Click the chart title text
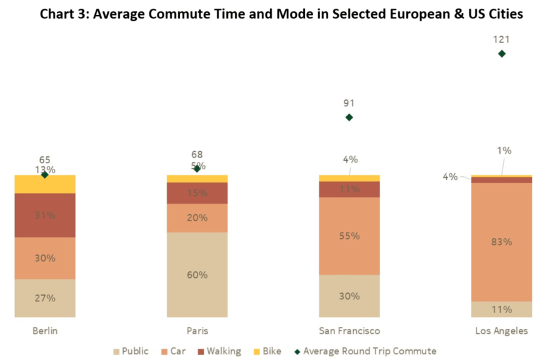click(281, 14)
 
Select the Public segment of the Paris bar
click(197, 275)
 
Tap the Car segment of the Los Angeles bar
click(501, 242)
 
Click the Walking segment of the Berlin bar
click(45, 215)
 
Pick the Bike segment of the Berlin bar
click(45, 184)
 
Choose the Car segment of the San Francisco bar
click(349, 236)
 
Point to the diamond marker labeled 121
click(501, 54)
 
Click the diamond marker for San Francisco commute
click(349, 117)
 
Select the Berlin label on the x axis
click(45, 331)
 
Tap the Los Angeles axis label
click(501, 331)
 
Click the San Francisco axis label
click(349, 331)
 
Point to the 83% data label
click(501, 242)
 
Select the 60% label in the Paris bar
click(197, 275)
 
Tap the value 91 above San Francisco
click(349, 103)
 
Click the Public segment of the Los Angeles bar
click(501, 309)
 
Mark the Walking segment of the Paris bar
click(197, 193)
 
